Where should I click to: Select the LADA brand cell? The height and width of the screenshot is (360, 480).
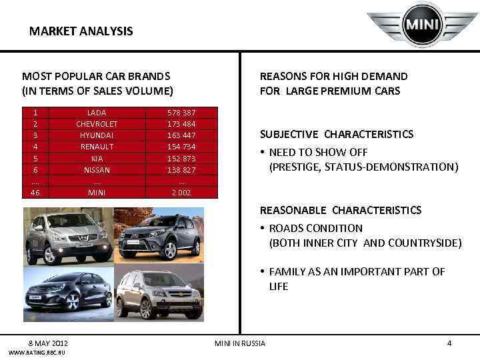97,113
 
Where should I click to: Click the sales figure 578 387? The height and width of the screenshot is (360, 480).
181,113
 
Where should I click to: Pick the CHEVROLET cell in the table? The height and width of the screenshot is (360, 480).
97,124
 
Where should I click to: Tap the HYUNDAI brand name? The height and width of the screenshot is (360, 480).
97,135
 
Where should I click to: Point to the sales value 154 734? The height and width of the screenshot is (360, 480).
181,147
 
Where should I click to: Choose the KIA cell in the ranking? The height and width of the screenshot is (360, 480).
97,159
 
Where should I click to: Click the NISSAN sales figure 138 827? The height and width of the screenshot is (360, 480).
181,170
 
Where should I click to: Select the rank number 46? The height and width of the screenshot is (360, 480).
35,193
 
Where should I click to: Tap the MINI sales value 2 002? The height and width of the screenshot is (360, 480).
181,193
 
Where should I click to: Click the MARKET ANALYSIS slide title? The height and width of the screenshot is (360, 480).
81,31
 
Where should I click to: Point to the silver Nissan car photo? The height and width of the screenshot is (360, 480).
69,237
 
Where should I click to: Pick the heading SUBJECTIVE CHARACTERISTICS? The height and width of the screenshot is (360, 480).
336,134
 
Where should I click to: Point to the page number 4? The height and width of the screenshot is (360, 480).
449,343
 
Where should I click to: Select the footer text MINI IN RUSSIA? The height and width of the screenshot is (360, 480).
239,343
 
